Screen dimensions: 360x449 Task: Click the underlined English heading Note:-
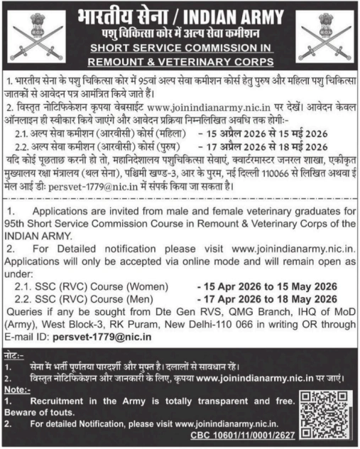[x=19, y=389]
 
